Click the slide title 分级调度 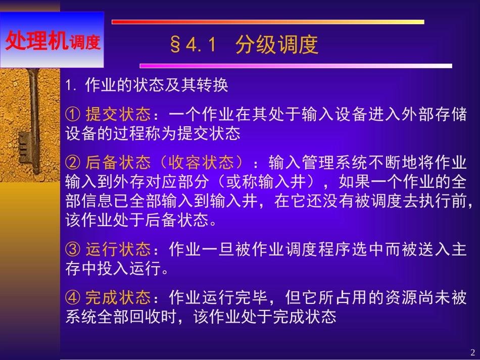(x=277, y=45)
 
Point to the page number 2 (x=472, y=352)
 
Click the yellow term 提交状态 (x=118, y=115)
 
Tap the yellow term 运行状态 (x=118, y=249)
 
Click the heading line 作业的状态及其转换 (x=157, y=85)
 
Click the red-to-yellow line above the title (x=267, y=22)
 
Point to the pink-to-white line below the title (x=296, y=66)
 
